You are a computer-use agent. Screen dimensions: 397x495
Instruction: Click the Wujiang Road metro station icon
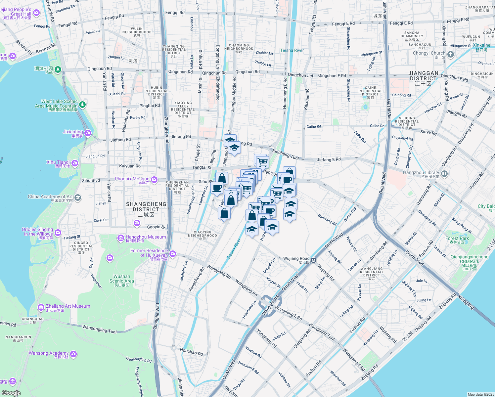tap(313, 260)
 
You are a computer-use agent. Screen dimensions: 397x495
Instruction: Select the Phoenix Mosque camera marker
tap(154, 180)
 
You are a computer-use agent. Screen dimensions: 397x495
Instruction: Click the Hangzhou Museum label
tap(146, 237)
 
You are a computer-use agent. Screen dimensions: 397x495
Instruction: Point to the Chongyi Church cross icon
tap(451, 54)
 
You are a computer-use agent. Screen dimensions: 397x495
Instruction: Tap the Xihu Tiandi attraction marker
tap(75, 163)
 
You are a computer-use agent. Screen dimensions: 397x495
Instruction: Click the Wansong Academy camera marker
tap(73, 354)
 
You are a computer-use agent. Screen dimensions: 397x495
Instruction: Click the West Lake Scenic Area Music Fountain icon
tap(82, 105)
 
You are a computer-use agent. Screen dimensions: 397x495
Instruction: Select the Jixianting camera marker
tap(88, 133)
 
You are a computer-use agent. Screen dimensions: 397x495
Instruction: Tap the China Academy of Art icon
tap(78, 198)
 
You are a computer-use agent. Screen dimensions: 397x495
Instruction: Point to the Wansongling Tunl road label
tap(99, 330)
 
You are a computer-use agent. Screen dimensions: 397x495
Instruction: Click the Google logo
tap(11, 393)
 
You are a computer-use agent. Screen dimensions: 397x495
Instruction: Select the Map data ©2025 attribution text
tap(480, 394)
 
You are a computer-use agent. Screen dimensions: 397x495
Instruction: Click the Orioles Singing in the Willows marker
tap(58, 233)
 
